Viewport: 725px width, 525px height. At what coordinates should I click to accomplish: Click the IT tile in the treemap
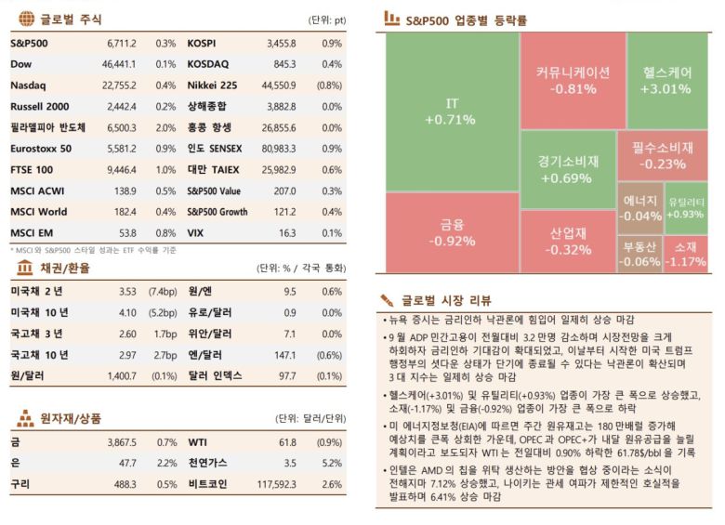449,110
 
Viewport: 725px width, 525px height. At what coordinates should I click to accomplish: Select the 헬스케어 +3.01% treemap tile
666,80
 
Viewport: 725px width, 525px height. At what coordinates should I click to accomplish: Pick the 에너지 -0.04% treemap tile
639,208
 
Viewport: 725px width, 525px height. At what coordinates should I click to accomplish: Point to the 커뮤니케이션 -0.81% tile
573,80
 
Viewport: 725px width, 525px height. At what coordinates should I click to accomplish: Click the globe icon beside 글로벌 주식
25,20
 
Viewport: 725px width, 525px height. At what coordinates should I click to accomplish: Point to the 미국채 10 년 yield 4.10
128,312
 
